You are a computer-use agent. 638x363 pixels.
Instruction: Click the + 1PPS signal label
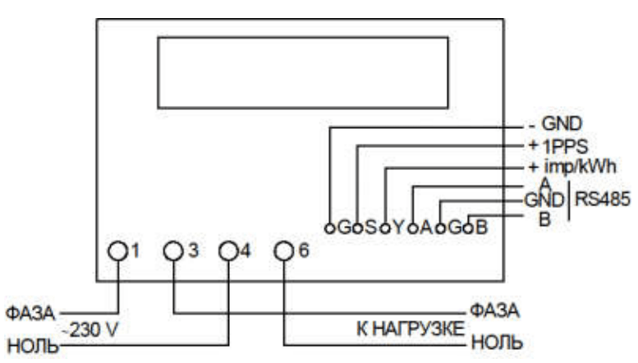point(558,146)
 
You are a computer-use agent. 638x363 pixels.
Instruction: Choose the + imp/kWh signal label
point(572,167)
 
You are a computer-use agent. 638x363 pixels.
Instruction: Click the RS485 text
point(602,200)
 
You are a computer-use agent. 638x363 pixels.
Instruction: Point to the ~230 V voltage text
point(90,329)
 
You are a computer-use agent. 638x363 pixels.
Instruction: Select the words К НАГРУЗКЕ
point(411,329)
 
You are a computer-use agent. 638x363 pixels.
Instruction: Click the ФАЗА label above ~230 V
point(30,313)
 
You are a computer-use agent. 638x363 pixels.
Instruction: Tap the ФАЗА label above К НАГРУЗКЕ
point(495,311)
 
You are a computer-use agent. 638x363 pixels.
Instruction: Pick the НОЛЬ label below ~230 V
point(33,346)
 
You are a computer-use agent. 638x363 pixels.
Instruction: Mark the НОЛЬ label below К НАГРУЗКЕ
point(497,342)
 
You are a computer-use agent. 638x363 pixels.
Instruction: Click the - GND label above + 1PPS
point(555,124)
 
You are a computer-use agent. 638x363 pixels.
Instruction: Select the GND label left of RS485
point(544,200)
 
